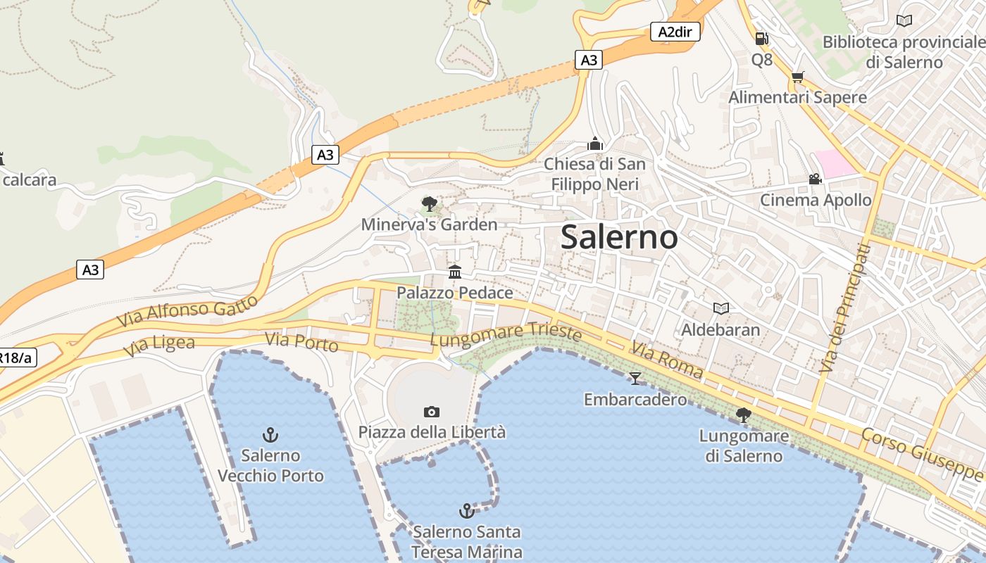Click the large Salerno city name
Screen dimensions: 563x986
(619, 237)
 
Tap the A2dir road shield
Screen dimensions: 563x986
(675, 32)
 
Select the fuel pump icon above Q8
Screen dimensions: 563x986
(761, 39)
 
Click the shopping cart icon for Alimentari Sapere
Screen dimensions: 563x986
(797, 77)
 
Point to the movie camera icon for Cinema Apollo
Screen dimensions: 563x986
(815, 179)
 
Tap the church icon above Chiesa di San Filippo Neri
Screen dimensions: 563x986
(595, 144)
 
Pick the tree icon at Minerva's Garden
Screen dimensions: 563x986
(429, 204)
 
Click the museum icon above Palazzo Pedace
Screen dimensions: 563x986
(455, 272)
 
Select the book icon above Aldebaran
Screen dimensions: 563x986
(720, 308)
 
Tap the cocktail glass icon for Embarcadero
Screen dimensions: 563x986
(635, 379)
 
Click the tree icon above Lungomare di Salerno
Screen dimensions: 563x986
(743, 415)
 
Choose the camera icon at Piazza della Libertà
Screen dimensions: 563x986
(432, 412)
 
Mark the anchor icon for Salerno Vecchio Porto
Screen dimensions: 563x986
(270, 435)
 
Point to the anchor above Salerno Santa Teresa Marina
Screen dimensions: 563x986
(466, 511)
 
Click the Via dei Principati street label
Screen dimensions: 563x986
(845, 308)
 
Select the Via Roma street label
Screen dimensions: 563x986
(667, 360)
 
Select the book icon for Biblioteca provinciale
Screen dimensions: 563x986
(904, 21)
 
